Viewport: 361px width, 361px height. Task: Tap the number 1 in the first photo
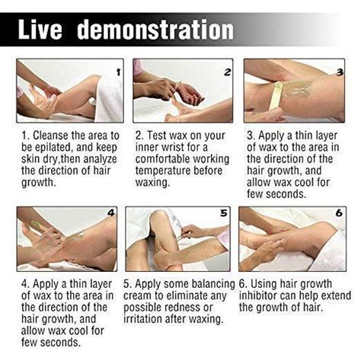[117, 72]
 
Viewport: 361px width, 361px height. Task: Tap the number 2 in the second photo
[227, 72]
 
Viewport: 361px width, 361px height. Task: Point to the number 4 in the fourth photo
[111, 214]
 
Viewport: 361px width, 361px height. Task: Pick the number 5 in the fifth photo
[223, 214]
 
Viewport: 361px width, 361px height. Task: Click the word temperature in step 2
[167, 171]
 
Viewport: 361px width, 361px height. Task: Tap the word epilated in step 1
[55, 147]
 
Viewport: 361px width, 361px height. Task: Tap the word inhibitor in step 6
[264, 294]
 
